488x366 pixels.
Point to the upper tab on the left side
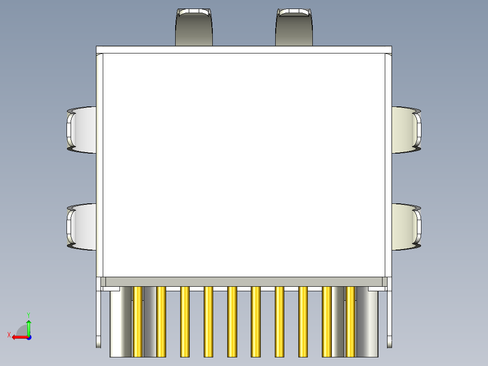pyautogui.click(x=82, y=130)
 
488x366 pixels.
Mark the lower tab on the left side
pyautogui.click(x=82, y=226)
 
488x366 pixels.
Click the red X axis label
pyautogui.click(x=9, y=335)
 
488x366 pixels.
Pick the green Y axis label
pyautogui.click(x=28, y=314)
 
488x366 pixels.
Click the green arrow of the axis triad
pyautogui.click(x=29, y=326)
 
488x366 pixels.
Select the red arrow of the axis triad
pyautogui.click(x=18, y=337)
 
